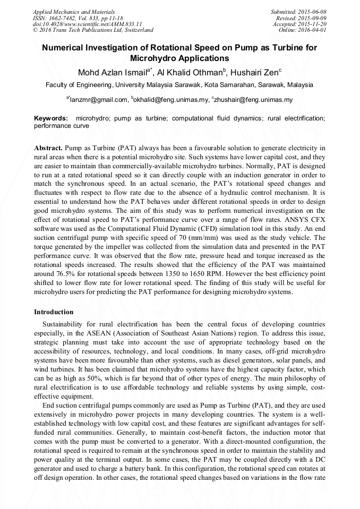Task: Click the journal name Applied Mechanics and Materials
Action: pyautogui.click(x=74, y=11)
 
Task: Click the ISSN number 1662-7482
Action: pyautogui.click(x=63, y=18)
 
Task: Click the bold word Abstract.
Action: pyautogui.click(x=48, y=148)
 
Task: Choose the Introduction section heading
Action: pyautogui.click(x=54, y=312)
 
